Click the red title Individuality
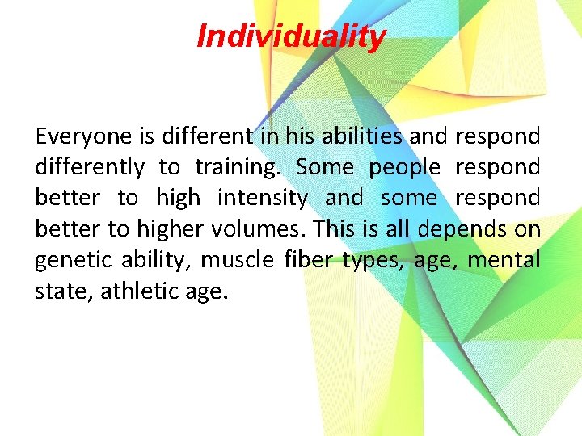(291, 36)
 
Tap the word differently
(90, 167)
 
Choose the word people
(405, 167)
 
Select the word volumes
(256, 228)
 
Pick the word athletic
(145, 290)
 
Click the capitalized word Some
(324, 167)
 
